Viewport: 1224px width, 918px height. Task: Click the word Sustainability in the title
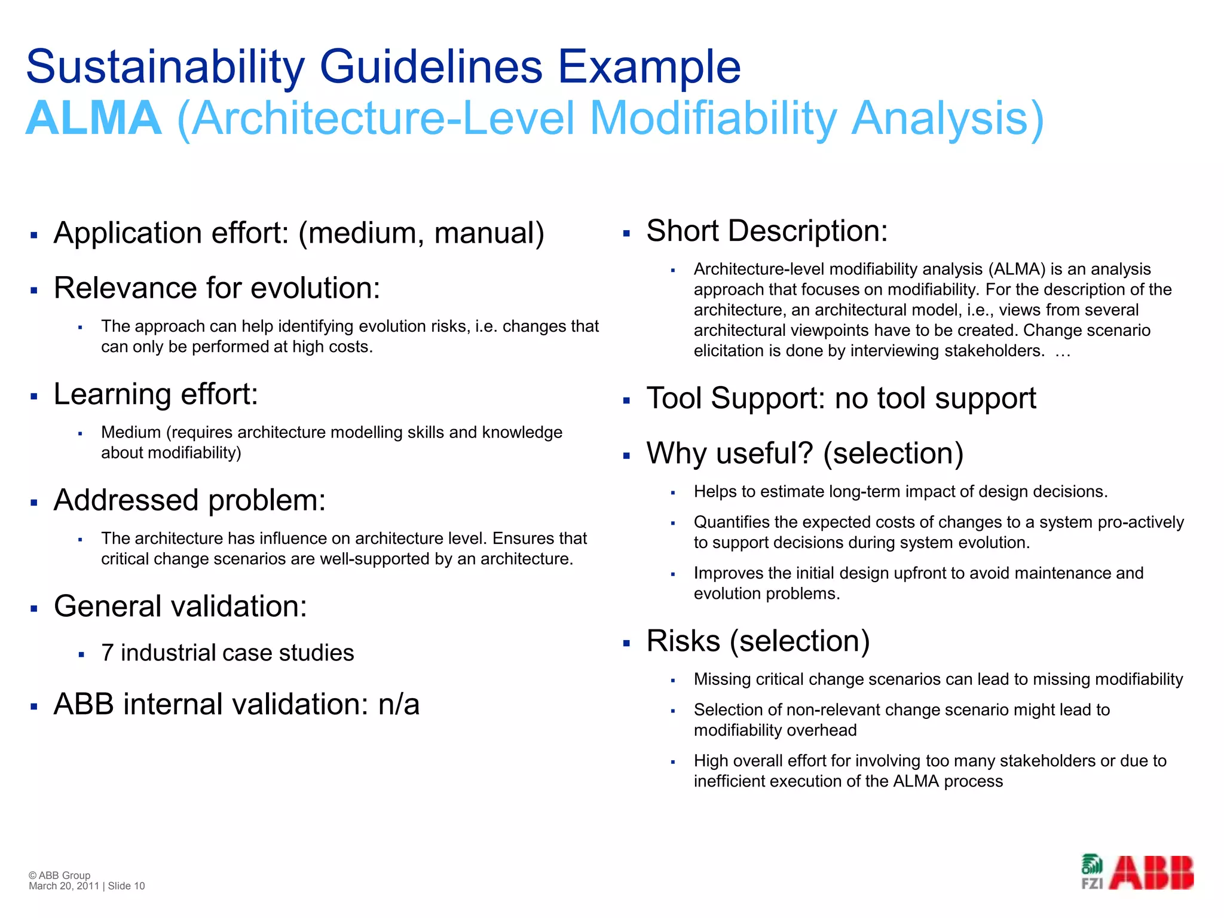pos(165,67)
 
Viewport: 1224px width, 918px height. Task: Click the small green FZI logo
pos(1092,872)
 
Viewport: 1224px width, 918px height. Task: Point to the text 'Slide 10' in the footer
pos(126,886)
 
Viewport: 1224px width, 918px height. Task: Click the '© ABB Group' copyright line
pos(59,875)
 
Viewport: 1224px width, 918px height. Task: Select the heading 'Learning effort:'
pos(156,394)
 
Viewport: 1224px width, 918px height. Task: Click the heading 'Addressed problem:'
pos(189,500)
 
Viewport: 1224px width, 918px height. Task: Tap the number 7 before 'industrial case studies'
pos(108,653)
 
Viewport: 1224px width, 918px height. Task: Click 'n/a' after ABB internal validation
pos(399,704)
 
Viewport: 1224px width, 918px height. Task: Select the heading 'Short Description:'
pos(767,231)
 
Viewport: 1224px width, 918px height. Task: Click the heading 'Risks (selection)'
pos(758,641)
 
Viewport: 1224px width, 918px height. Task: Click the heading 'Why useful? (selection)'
pos(804,453)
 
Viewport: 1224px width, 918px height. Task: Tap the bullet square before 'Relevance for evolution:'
pos(34,290)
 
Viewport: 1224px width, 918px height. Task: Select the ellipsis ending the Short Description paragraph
pos(1062,352)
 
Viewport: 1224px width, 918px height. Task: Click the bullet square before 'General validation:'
pos(34,609)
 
